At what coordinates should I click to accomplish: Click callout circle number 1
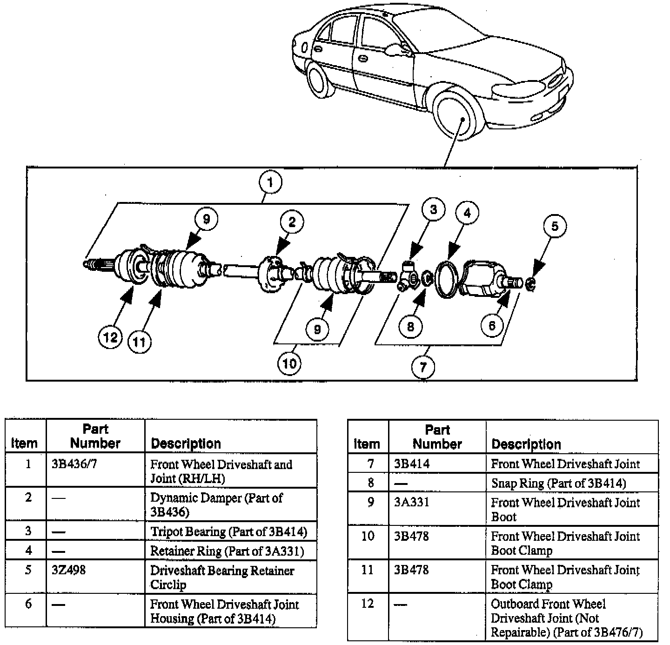click(271, 182)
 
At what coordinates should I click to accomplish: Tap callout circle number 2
click(292, 222)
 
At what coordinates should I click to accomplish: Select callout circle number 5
click(555, 226)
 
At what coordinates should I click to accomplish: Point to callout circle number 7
click(423, 367)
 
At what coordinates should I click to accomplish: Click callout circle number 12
click(111, 337)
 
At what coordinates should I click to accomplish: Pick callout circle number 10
click(289, 363)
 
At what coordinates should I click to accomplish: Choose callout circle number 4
click(467, 213)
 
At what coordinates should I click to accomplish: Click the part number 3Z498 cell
click(69, 570)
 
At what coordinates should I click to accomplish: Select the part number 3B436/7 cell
click(74, 464)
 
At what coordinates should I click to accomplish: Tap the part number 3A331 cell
click(411, 503)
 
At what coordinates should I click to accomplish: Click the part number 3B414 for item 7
click(412, 464)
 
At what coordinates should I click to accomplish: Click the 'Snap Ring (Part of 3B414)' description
click(559, 483)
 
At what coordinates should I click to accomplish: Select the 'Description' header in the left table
click(186, 443)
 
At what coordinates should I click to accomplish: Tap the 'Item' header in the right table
click(367, 443)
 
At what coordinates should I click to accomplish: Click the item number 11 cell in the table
click(368, 570)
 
